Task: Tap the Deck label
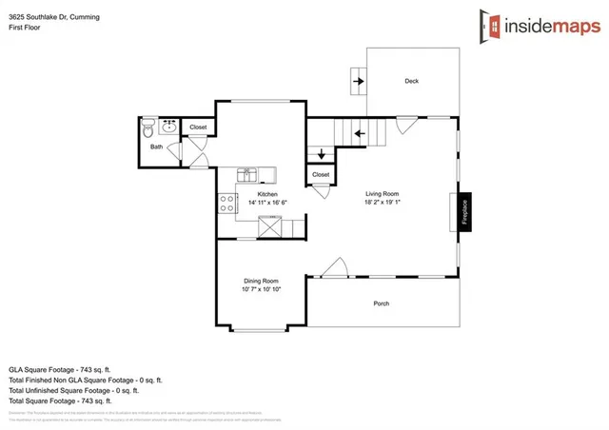411,81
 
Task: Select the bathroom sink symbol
170,124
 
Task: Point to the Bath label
156,147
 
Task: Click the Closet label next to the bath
198,127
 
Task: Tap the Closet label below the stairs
321,174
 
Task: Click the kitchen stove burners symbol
227,202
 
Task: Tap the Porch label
381,303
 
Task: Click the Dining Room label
261,281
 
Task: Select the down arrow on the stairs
321,152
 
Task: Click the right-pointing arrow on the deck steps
359,81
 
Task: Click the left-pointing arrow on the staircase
359,133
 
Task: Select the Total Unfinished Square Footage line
73,390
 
